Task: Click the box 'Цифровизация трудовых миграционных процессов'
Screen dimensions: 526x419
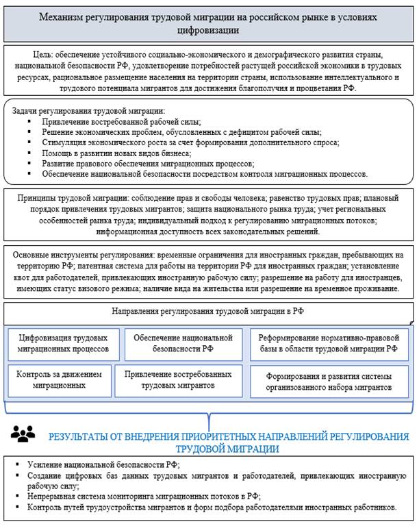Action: tap(62, 343)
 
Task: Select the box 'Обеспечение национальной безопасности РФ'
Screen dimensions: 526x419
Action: tap(179, 343)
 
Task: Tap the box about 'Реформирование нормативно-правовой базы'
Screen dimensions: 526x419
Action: tap(323, 343)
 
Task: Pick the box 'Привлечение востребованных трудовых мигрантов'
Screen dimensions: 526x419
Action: tap(179, 380)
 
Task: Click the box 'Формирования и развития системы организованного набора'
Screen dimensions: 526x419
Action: tap(323, 381)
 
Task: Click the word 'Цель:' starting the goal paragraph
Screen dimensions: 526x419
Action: tap(45, 54)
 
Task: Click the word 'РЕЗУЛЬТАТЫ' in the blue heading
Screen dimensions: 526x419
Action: tap(80, 437)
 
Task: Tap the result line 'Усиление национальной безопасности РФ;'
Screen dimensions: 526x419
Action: tap(103, 466)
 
